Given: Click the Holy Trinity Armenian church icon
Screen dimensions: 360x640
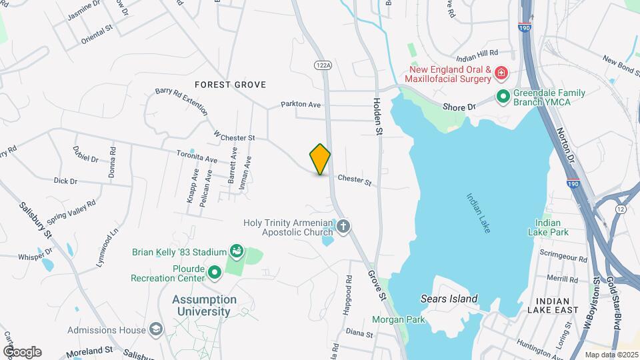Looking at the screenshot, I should click(343, 227).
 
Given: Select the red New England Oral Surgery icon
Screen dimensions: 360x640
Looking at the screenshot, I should click(501, 73).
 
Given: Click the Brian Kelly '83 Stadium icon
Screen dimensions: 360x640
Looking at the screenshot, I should click(235, 251).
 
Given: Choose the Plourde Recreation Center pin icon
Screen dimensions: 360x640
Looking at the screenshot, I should click(215, 272).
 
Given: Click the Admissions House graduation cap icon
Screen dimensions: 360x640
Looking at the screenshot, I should click(156, 329).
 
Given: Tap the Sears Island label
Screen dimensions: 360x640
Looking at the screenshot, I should click(449, 298).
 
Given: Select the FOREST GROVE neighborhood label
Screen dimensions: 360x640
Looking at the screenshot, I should click(230, 85).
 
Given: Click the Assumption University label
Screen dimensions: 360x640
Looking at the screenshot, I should click(205, 305).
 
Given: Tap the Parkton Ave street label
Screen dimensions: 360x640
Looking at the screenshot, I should click(301, 105).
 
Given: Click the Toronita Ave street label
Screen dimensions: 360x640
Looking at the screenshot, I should click(197, 159).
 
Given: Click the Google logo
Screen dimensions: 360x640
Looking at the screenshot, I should click(23, 351).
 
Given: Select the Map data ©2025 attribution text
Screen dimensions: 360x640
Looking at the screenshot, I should click(611, 355).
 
